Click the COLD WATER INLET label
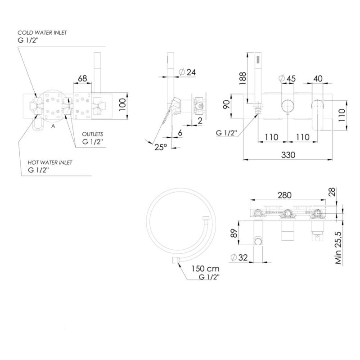point(42,33)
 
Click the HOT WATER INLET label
point(50,162)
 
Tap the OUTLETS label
point(93,134)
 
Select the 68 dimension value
point(82,78)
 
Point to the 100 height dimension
point(122,105)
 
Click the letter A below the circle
point(53,126)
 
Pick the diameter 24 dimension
point(187,72)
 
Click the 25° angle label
point(161,147)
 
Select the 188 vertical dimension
point(243,78)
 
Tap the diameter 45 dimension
point(287,78)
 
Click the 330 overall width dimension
point(288,155)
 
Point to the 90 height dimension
point(227,105)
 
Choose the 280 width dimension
point(284,195)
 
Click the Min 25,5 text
point(338,248)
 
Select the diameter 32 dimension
point(239,257)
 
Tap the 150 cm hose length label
point(206,268)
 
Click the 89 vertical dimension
point(234,233)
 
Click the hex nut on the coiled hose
point(206,218)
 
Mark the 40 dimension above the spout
point(318,78)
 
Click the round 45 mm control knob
point(288,106)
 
